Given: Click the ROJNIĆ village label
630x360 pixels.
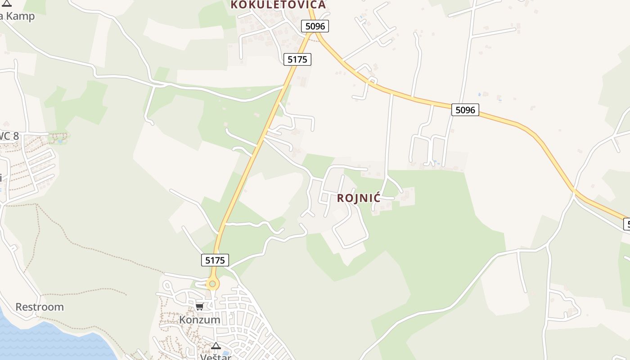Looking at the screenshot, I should (x=359, y=198).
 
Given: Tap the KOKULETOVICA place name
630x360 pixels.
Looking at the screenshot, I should (x=278, y=5).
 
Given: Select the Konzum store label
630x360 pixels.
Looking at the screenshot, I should (x=200, y=320).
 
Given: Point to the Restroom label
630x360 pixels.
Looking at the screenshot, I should (x=40, y=307).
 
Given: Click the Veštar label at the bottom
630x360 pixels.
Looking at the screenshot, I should (x=216, y=357).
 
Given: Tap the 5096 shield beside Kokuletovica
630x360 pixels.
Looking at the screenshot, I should (x=315, y=26).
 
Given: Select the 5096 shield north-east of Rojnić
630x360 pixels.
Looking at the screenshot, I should (x=465, y=109).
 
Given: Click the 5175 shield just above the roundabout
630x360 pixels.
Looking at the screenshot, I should (x=215, y=260).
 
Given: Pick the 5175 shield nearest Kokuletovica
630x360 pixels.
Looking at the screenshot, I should (x=297, y=59).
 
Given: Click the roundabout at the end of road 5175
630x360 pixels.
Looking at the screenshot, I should (x=212, y=284).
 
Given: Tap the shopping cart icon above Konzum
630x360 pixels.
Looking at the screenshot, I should (x=199, y=307).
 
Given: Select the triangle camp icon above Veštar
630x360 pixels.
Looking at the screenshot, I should (x=216, y=346).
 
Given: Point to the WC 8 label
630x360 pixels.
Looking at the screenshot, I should (x=9, y=136).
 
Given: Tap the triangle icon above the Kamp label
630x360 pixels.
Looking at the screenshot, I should (x=7, y=4).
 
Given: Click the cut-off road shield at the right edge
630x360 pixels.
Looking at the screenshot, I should (x=627, y=224).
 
